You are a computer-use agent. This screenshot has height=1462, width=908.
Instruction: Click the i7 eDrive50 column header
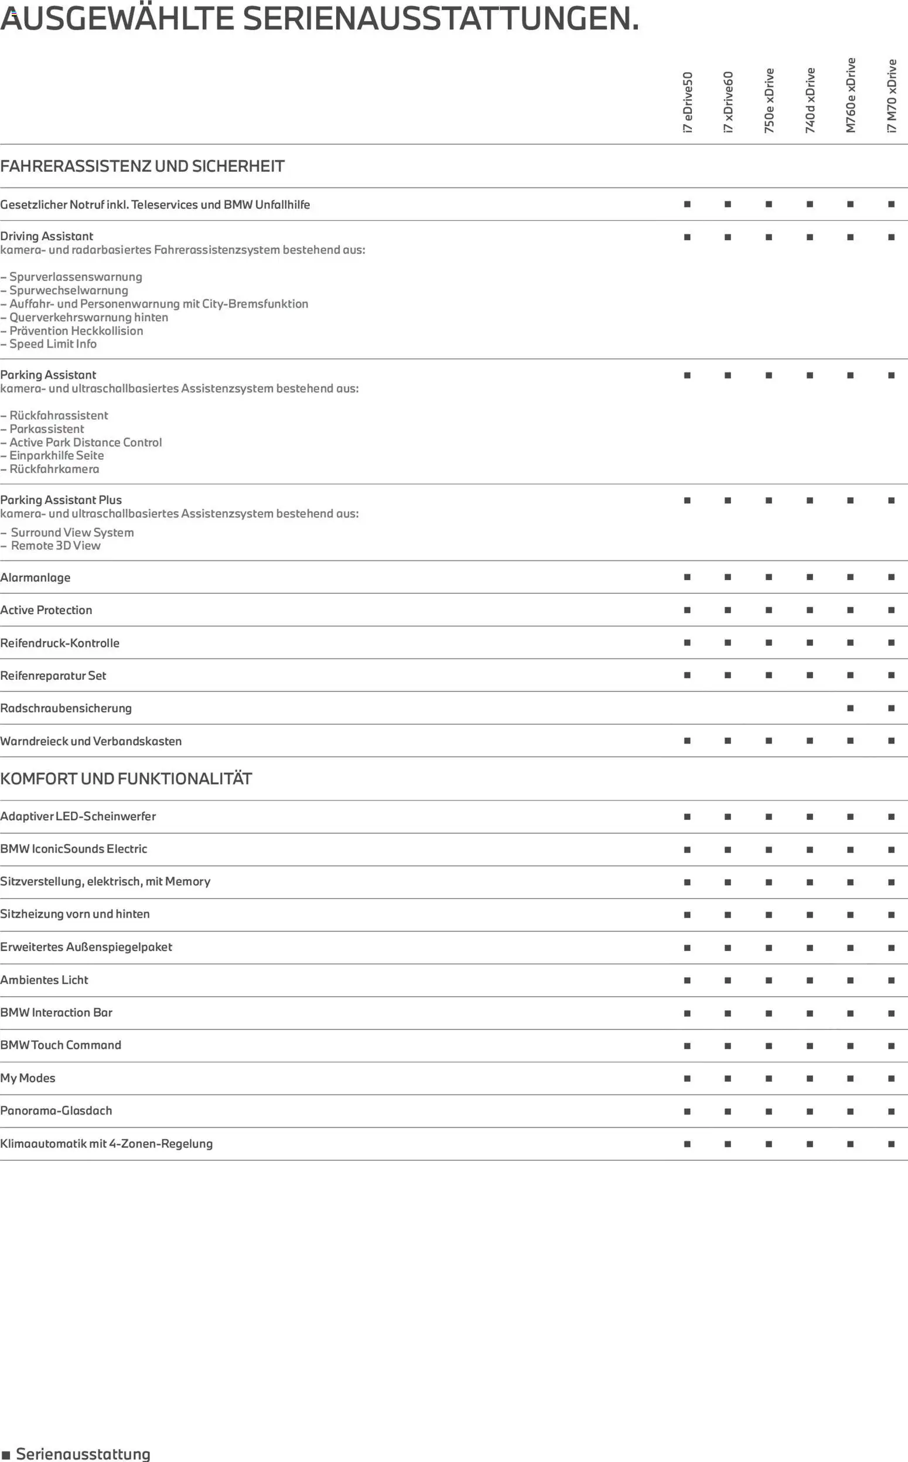coord(688,102)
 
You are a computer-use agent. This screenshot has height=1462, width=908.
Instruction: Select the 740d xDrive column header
coord(810,100)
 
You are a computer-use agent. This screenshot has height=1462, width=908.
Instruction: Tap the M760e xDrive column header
coord(851,95)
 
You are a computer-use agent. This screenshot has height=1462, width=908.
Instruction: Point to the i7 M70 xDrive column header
coord(891,96)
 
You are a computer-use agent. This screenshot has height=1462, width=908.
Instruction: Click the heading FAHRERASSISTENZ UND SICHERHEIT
coord(142,166)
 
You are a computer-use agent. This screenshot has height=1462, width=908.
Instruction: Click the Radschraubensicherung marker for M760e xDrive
coord(851,708)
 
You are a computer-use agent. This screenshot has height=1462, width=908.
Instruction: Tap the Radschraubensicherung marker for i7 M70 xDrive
coord(891,708)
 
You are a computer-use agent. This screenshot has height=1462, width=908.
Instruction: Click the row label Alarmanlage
coord(35,578)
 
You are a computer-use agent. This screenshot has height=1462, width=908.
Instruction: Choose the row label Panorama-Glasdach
coord(56,1110)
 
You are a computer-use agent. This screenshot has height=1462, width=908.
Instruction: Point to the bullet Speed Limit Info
coord(53,344)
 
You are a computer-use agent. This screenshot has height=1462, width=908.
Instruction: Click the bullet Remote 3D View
coord(55,546)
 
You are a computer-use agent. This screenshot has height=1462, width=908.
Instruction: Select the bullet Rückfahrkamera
coord(54,469)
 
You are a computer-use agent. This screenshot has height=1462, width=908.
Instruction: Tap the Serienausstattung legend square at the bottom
coord(6,1455)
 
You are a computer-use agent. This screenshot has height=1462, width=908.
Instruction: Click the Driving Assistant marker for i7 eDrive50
coord(687,237)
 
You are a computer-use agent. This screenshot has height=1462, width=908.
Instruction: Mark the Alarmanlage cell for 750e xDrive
coord(769,577)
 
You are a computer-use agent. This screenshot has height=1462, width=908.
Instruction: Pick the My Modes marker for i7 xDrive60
coord(728,1078)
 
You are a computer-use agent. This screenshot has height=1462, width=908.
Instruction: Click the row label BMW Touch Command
coord(61,1045)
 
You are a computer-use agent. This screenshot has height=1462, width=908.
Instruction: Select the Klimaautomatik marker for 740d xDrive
coord(810,1144)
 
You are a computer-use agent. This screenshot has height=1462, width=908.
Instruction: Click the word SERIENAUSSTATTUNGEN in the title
coord(441,19)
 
